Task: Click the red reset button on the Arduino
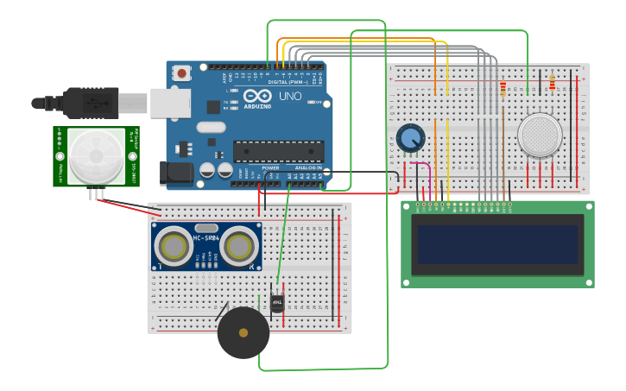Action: [181, 74]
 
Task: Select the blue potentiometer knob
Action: [411, 137]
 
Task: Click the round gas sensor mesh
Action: [540, 136]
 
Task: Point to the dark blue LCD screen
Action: [496, 244]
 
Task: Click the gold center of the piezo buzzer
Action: [243, 332]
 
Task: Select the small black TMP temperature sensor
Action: [277, 303]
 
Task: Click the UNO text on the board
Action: [290, 96]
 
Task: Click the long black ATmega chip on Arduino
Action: [278, 152]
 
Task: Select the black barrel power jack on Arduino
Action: [177, 173]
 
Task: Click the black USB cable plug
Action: [91, 102]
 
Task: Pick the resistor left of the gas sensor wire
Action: [503, 88]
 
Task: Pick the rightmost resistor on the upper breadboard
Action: [552, 83]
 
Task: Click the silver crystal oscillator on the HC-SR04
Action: [207, 228]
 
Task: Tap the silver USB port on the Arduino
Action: [170, 103]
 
